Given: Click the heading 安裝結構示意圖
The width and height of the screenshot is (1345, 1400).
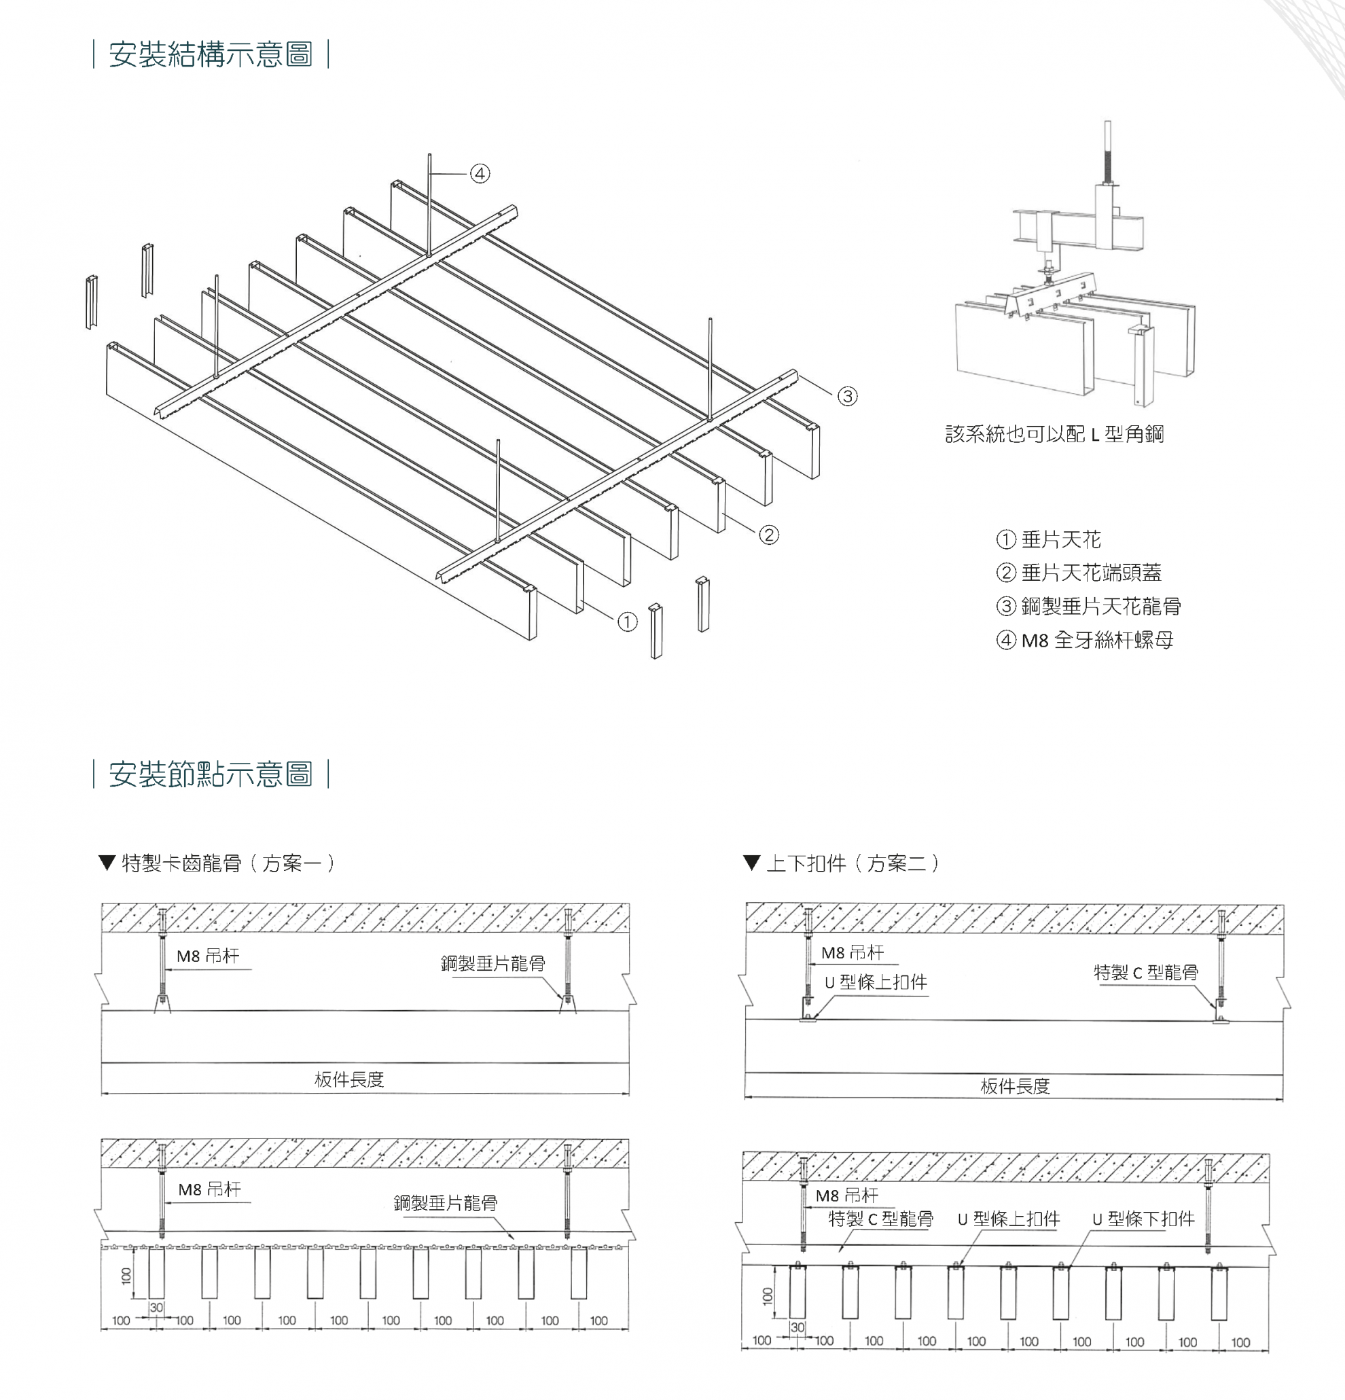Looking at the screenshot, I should click(x=211, y=55).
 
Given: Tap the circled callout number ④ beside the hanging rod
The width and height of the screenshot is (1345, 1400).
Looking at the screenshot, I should click(x=480, y=174).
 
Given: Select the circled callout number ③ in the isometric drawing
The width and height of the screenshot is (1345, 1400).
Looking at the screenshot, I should click(x=847, y=396).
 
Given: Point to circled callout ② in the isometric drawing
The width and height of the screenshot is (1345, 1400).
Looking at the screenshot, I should click(x=768, y=535).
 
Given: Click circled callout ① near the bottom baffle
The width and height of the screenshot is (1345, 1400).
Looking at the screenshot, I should click(x=627, y=622).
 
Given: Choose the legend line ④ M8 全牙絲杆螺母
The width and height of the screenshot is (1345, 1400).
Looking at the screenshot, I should click(x=1085, y=640).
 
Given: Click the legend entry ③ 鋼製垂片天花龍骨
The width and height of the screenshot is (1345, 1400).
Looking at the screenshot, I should click(x=1089, y=607).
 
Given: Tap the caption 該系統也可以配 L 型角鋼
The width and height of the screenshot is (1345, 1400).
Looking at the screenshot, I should click(x=1054, y=433).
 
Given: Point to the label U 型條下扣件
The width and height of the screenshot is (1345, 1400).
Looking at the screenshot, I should click(x=1143, y=1219).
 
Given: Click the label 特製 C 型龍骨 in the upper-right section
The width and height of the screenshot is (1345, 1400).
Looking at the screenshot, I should click(x=1146, y=972).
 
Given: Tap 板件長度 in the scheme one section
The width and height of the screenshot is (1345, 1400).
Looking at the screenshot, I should click(x=349, y=1079).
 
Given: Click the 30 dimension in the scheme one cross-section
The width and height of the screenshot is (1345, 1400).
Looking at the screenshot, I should click(x=156, y=1307).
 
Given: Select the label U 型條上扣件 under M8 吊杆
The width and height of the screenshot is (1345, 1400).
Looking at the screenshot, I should click(x=876, y=982).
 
